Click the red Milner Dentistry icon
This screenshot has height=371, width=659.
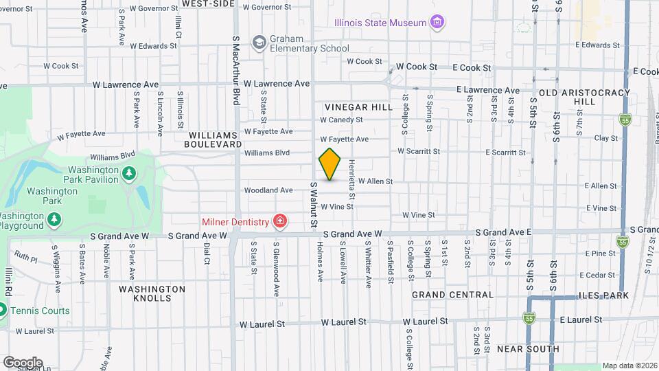279,221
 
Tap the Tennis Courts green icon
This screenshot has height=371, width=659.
2,311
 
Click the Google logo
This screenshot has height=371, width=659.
22,362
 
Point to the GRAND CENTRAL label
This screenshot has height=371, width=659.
452,295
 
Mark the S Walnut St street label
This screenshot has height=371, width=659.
314,204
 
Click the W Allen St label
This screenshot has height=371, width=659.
375,181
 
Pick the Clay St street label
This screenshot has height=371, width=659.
605,138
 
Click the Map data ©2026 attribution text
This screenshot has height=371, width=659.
628,366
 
